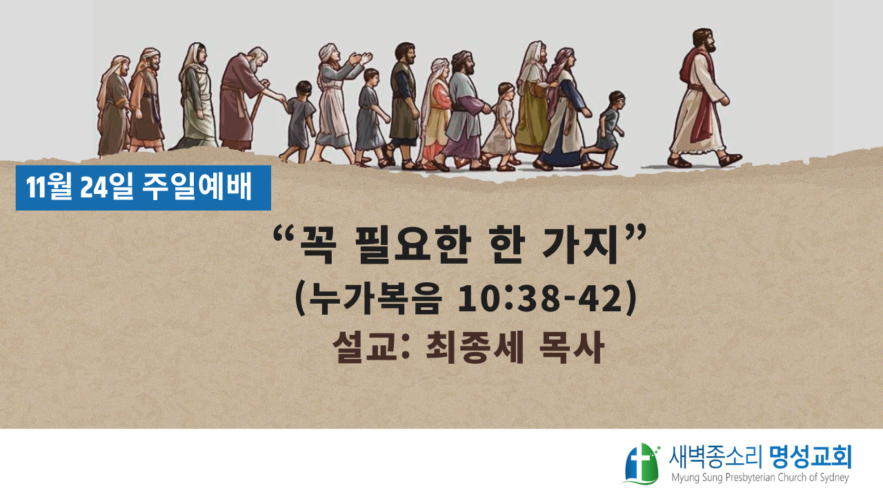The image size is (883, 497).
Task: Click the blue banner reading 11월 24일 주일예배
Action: (143, 188)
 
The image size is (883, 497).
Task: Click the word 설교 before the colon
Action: (364, 347)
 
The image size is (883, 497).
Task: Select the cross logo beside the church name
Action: (642, 463)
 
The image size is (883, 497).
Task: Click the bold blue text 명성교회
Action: (810, 457)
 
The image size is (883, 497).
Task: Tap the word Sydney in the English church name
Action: (832, 478)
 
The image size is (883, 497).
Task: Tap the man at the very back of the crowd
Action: (113, 106)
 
